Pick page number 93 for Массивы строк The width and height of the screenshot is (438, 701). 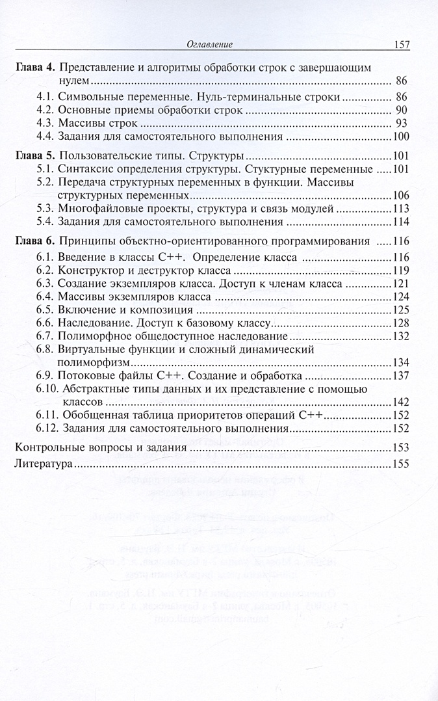[x=401, y=123]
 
